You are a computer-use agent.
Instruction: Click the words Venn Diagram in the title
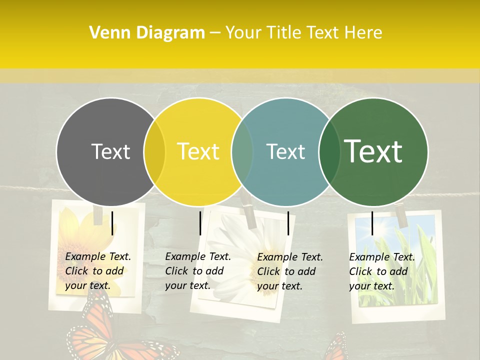[147, 33]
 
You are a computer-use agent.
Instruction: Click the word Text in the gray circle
[110, 151]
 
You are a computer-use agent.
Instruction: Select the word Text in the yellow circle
[198, 151]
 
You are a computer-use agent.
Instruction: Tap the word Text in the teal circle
[285, 151]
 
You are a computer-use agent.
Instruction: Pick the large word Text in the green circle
[373, 151]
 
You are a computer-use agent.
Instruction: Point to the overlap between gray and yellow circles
[154, 151]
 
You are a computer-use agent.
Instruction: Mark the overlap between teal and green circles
[329, 151]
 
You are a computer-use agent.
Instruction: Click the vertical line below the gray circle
[112, 223]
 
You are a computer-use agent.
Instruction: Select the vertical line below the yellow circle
[200, 223]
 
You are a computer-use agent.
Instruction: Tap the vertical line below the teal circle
[288, 223]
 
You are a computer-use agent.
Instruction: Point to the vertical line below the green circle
[372, 223]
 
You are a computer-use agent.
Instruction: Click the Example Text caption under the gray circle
[98, 271]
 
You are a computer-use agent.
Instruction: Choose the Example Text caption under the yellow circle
[198, 271]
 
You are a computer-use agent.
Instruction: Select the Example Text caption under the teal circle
[290, 271]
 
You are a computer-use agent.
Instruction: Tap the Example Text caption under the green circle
[382, 271]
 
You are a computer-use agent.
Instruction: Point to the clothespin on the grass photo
[400, 212]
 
